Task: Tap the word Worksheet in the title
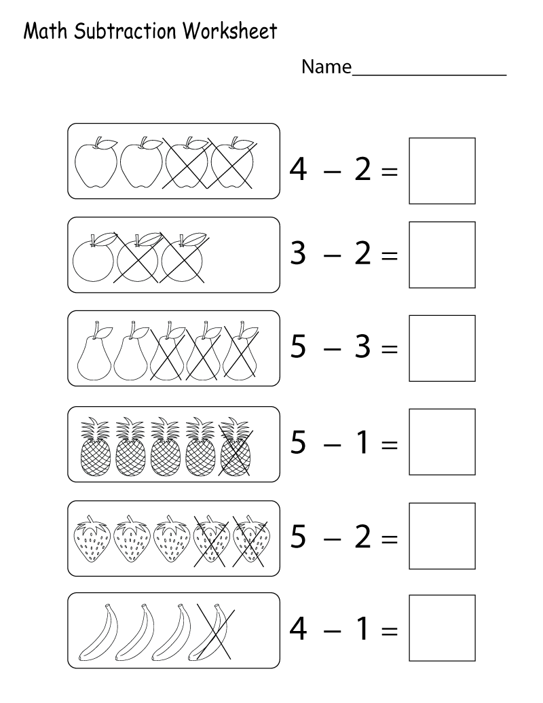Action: [x=230, y=31]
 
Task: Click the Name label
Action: [x=326, y=67]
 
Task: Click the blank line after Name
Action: [x=429, y=75]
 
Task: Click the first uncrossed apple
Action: [x=96, y=163]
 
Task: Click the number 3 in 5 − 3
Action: [x=362, y=346]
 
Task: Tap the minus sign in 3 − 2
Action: [x=332, y=255]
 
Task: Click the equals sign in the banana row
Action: [x=390, y=631]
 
